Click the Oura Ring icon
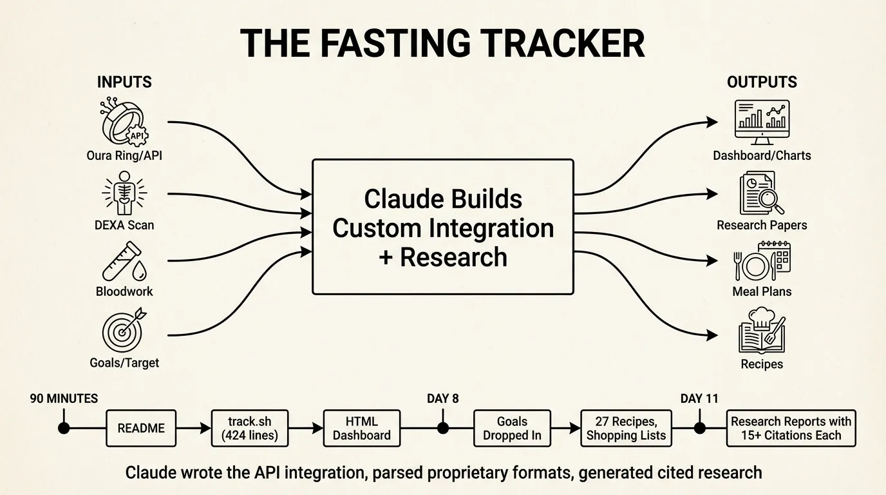click(x=124, y=122)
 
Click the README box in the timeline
click(x=141, y=428)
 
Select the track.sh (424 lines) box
click(x=249, y=428)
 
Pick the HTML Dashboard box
click(x=361, y=428)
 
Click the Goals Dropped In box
click(x=512, y=428)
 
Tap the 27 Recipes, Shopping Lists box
click(x=626, y=428)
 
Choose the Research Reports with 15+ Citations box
click(x=791, y=428)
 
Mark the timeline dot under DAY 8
click(x=443, y=428)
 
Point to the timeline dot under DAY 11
click(x=699, y=428)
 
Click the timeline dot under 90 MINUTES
click(x=64, y=428)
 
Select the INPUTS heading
click(x=124, y=82)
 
